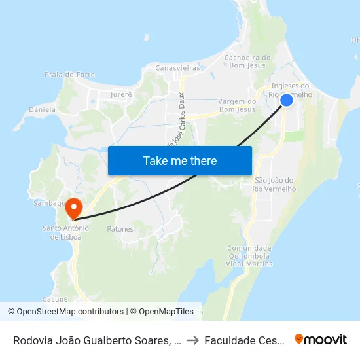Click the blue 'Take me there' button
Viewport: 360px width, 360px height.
click(x=180, y=160)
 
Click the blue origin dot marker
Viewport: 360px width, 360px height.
click(x=287, y=100)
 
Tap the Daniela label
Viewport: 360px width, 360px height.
click(x=43, y=109)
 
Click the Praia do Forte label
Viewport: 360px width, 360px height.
click(x=66, y=75)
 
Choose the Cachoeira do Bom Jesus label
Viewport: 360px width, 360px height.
click(x=247, y=62)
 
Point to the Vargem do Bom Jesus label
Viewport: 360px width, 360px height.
click(x=236, y=105)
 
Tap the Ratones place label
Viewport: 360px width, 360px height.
click(x=120, y=230)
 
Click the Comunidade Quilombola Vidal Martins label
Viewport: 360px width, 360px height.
click(x=249, y=257)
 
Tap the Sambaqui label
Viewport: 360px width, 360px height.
click(x=48, y=204)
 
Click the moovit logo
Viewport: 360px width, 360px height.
click(x=321, y=339)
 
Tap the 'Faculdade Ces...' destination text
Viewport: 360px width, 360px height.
click(x=243, y=340)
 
